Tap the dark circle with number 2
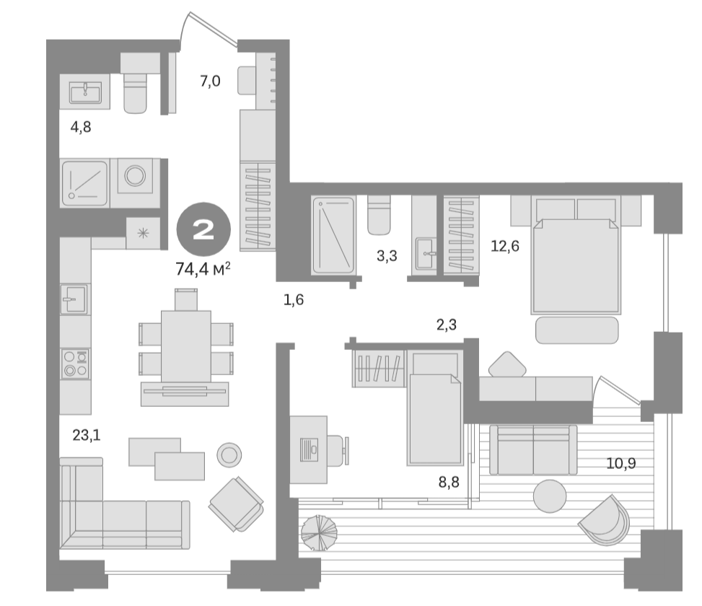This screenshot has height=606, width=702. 203,230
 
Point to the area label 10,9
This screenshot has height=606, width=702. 620,463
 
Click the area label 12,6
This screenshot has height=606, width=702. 505,246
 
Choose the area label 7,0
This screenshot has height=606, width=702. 210,82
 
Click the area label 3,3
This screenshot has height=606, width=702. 387,255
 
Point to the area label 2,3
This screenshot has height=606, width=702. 447,325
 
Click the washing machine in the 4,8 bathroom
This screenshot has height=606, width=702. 135,177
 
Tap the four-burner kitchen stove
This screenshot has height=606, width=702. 75,364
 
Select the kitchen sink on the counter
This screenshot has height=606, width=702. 74,299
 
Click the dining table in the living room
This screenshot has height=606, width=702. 186,345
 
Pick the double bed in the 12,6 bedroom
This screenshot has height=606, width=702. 575,263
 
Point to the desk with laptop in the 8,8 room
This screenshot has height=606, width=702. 308,448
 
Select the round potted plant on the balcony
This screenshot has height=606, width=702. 319,533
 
